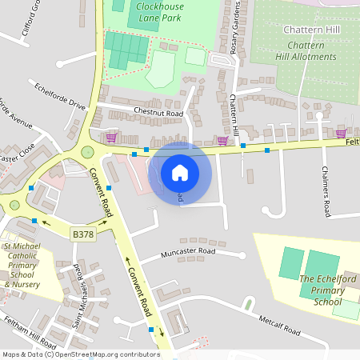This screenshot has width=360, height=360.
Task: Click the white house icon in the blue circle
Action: (x=179, y=172)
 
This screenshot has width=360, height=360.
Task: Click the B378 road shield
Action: (x=82, y=234)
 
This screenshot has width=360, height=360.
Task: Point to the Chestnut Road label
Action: (x=158, y=114)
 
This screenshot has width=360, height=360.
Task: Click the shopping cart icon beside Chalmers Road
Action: (x=341, y=134)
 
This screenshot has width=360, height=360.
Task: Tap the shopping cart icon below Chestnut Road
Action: (x=111, y=138)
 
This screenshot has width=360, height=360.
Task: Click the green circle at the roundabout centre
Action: (x=87, y=152)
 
